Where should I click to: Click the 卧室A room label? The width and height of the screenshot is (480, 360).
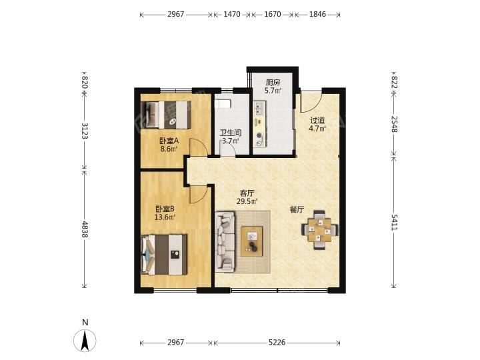point(169,141)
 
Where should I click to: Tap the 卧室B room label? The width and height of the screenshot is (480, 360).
point(165,209)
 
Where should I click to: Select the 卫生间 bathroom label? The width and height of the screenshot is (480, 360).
point(231,133)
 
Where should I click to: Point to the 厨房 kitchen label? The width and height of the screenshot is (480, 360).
point(273,83)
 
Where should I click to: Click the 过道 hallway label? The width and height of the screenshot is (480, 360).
point(317,120)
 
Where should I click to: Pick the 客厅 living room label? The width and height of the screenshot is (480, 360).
point(247,193)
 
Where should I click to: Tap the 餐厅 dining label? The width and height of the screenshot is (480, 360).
point(297,210)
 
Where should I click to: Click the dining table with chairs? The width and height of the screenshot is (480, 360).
point(320,230)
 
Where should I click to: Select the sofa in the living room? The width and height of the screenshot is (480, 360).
point(225,241)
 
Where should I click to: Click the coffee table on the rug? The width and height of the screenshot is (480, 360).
point(252,241)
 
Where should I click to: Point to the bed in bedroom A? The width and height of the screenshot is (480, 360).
point(166,115)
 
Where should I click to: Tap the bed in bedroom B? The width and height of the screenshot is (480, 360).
point(164,255)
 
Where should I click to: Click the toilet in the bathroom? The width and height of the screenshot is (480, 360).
point(223,104)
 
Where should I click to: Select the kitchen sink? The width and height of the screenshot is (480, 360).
point(259,109)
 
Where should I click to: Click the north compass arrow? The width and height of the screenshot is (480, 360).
point(85,340)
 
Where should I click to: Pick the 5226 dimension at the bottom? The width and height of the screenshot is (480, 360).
point(277,342)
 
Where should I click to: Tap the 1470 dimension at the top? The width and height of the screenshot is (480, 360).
point(232,14)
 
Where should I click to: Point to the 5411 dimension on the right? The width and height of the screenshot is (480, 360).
point(394,223)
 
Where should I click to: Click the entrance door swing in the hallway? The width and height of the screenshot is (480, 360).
point(311,101)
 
